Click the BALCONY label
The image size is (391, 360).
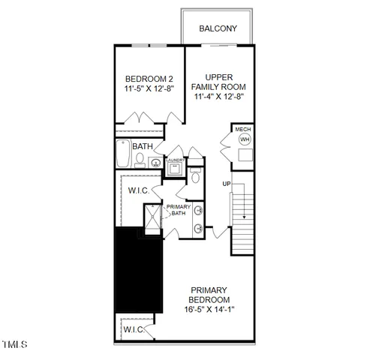tap(218, 28)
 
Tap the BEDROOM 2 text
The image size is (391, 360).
tap(149, 79)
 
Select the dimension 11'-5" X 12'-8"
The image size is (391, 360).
tap(149, 89)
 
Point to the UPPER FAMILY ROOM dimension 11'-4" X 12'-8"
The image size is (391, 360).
tap(219, 96)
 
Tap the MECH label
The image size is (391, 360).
tap(243, 129)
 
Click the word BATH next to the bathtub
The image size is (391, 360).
tap(143, 146)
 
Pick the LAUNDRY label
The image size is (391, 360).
tap(176, 160)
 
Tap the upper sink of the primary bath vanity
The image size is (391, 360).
tap(198, 209)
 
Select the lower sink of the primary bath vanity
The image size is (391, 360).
tap(198, 228)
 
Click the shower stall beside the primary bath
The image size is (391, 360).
tap(151, 220)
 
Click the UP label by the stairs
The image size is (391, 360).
tap(226, 184)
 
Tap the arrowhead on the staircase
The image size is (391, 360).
tap(242, 218)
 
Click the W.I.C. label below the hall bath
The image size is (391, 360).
tap(138, 190)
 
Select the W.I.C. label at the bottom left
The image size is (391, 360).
tap(134, 328)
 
